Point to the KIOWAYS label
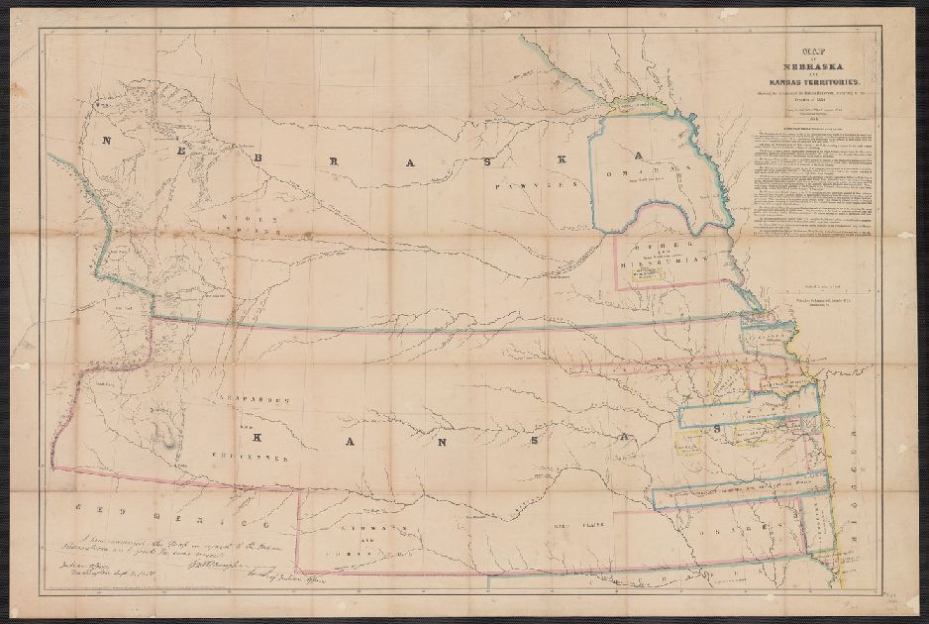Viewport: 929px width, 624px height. click(x=370, y=532)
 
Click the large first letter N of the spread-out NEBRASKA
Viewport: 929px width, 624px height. click(x=106, y=141)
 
